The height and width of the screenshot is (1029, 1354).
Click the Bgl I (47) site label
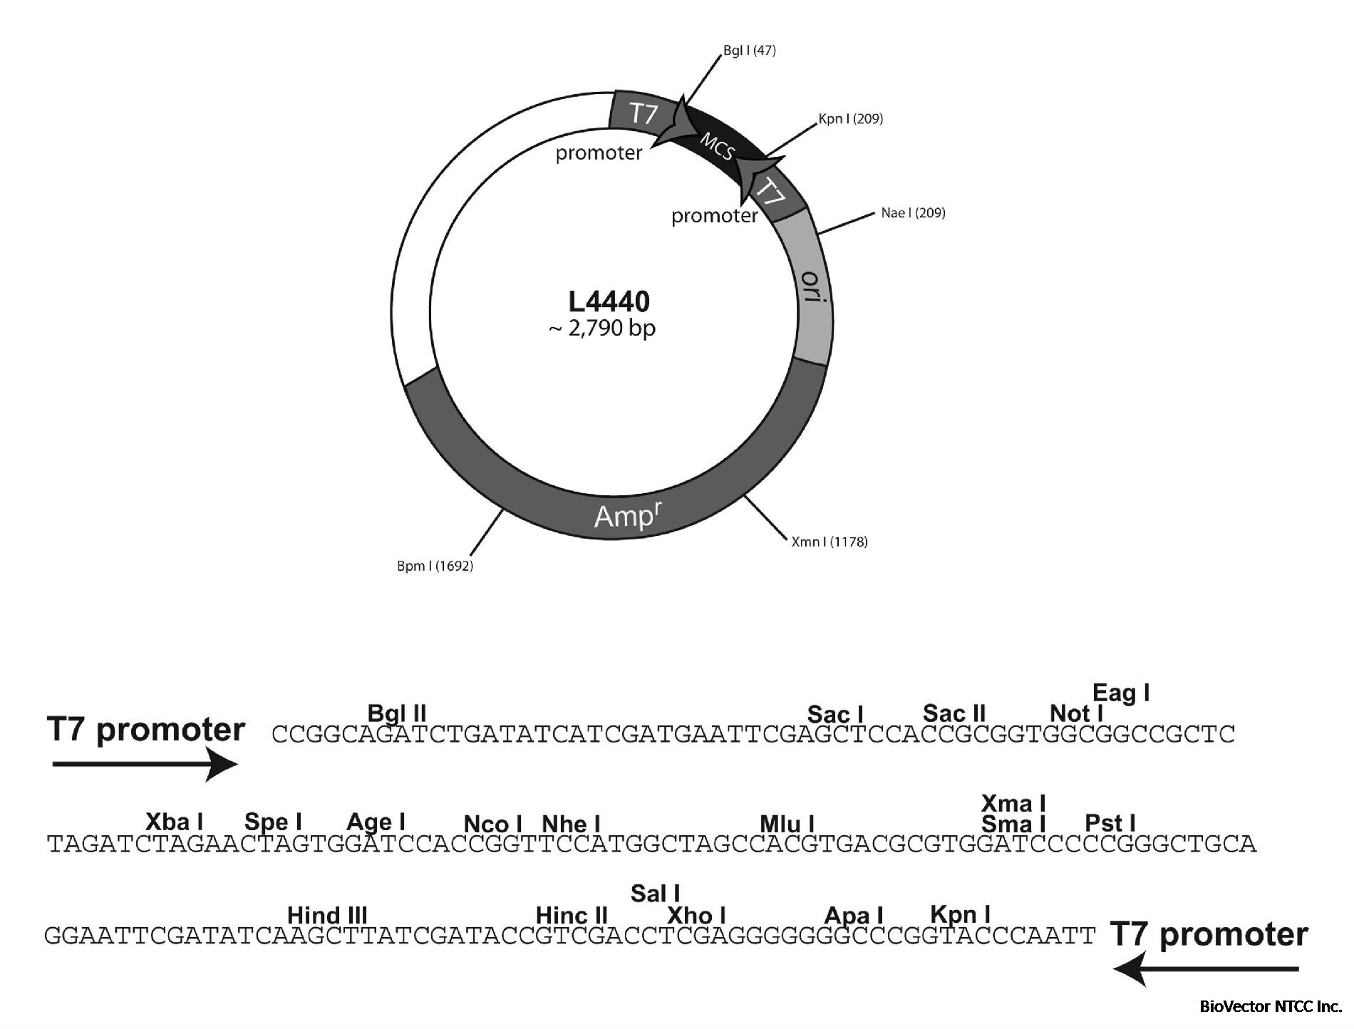point(749,51)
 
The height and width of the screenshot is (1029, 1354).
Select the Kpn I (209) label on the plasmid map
point(851,118)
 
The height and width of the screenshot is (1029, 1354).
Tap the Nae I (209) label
point(913,212)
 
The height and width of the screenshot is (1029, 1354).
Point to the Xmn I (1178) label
point(830,542)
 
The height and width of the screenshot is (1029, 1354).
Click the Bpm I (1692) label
point(435,567)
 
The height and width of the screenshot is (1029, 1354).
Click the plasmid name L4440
point(609,302)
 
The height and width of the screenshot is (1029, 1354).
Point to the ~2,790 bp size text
point(603,329)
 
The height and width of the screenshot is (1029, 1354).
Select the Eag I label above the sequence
point(1121,693)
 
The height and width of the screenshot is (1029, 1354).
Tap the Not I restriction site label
point(1077,713)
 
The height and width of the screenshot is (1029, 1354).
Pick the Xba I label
point(174,822)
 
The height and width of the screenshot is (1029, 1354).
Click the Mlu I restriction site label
point(787,824)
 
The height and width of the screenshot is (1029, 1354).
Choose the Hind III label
point(327,915)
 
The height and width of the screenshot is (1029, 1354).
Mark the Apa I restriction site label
point(854,915)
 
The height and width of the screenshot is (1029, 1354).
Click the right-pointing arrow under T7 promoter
point(145,765)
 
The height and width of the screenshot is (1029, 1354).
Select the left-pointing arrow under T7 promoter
point(1206,969)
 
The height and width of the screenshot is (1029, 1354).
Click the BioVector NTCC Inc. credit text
point(1271,1007)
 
